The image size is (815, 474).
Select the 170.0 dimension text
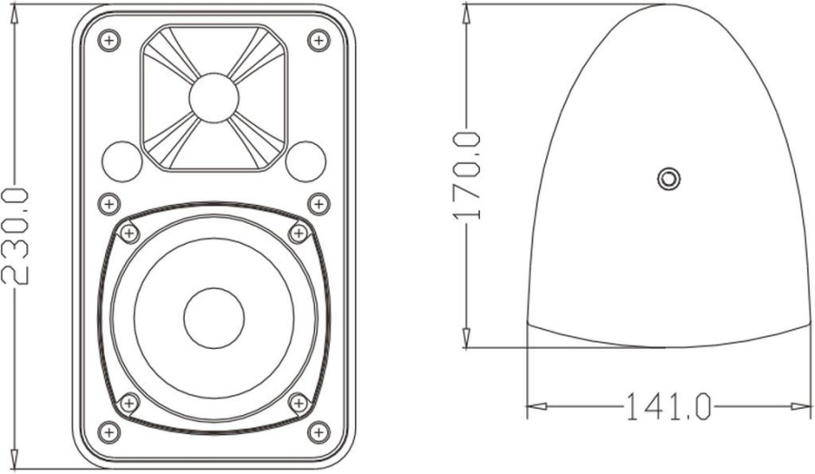(x=466, y=176)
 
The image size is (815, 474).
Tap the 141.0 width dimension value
(x=667, y=407)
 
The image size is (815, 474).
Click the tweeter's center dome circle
(x=214, y=97)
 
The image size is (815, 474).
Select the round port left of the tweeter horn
(x=121, y=161)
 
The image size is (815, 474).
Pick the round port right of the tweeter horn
(x=306, y=161)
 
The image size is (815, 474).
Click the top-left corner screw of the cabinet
(x=109, y=41)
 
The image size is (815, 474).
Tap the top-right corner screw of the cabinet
(x=319, y=41)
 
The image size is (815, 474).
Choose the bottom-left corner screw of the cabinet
(x=109, y=431)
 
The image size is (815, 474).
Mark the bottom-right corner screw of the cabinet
(x=319, y=431)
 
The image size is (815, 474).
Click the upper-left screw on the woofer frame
(x=129, y=234)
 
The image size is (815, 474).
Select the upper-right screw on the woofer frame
(x=298, y=234)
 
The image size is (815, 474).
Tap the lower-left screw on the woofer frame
(x=129, y=401)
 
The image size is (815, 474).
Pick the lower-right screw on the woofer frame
(x=298, y=401)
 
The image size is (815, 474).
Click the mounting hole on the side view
(x=667, y=179)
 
